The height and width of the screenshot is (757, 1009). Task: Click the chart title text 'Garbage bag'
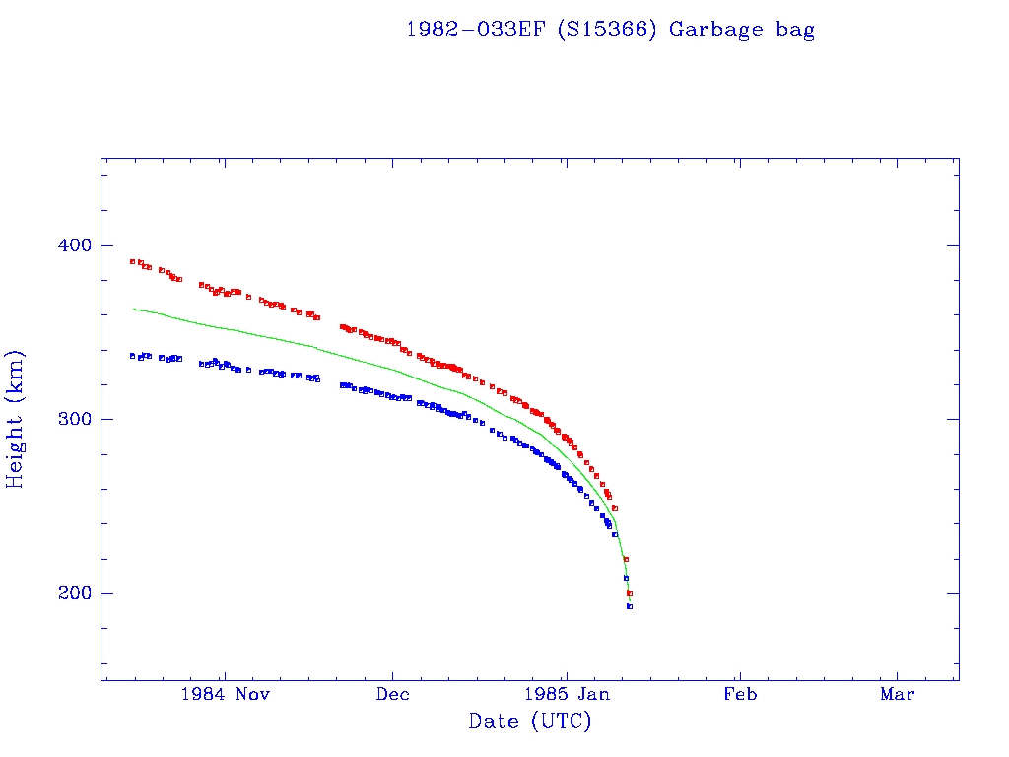coord(742,30)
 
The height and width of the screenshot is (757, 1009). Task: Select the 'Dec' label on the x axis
coord(393,694)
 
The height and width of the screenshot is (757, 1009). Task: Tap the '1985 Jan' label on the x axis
coord(565,694)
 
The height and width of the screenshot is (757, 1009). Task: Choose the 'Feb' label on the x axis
coord(740,694)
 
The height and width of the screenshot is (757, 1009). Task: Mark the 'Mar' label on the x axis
coord(898,694)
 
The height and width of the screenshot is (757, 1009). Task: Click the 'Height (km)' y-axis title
coord(15,418)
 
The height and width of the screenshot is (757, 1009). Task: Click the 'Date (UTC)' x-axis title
coord(530,722)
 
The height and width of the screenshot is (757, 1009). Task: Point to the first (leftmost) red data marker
coord(132,261)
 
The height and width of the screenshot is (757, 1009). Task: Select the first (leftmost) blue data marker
coord(132,356)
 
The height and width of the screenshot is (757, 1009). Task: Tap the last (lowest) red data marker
coord(630,593)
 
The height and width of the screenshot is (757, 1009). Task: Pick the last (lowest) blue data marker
coord(630,606)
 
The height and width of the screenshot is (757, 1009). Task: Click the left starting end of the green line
coord(134,309)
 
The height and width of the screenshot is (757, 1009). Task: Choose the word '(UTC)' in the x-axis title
coord(562,722)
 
